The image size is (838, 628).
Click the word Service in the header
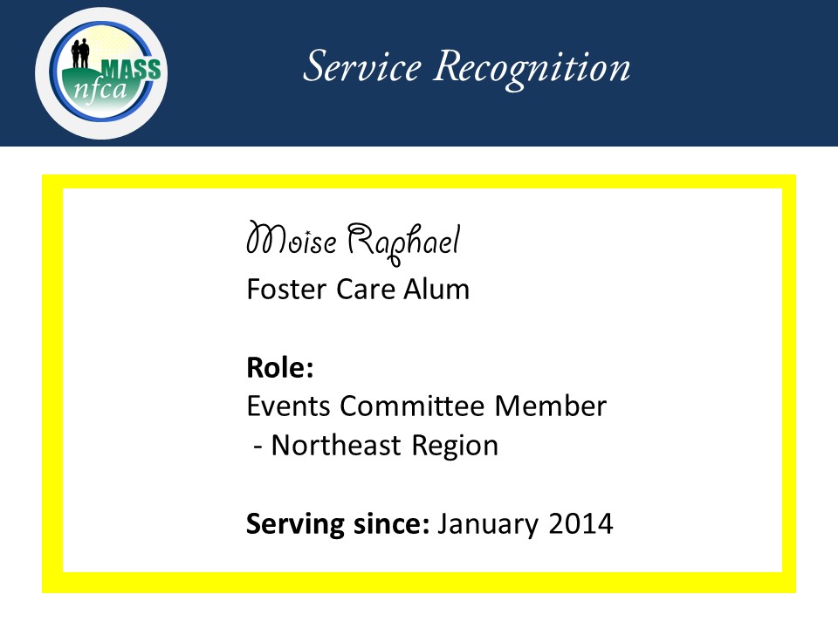[362, 67]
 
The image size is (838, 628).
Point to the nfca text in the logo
[100, 90]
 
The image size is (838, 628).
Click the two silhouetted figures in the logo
[80, 53]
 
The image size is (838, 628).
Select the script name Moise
[292, 239]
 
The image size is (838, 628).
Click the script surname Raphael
[403, 242]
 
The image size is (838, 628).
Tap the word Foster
[286, 290]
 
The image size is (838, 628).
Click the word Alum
[436, 290]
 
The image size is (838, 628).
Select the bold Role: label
[280, 367]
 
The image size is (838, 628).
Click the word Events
[289, 406]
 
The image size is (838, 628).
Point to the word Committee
[412, 406]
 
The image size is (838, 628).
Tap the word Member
[551, 406]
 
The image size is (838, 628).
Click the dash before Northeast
[258, 447]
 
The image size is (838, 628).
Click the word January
[488, 525]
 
